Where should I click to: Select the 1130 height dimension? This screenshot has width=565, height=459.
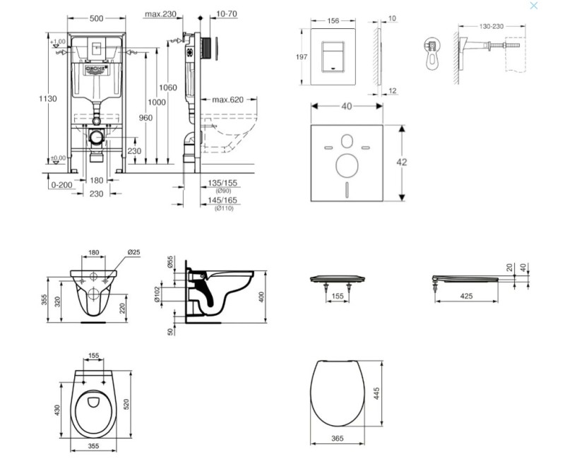(x=47, y=99)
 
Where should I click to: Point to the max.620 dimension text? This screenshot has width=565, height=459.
(x=227, y=100)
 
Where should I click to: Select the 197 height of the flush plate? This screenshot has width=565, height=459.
(x=301, y=58)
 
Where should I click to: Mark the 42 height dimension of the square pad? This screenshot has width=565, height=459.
(x=402, y=162)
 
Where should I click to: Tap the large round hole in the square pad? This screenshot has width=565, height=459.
(x=347, y=166)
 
